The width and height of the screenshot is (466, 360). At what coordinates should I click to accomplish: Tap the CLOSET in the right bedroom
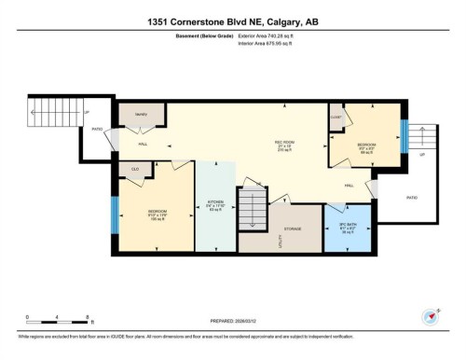pyautogui.click(x=336, y=118)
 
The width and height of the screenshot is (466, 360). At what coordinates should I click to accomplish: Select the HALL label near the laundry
pyautogui.click(x=143, y=145)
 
